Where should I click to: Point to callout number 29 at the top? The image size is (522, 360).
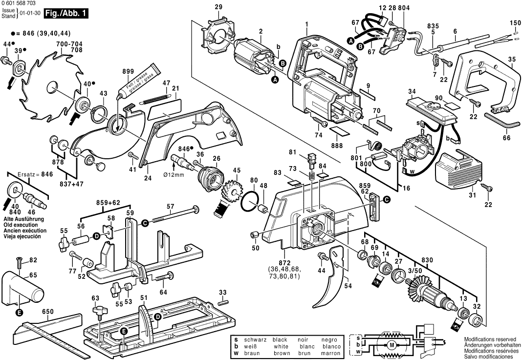coord(218,7)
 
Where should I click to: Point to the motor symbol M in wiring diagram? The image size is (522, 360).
coord(391,345)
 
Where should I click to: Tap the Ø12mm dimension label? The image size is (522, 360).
coord(174,174)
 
